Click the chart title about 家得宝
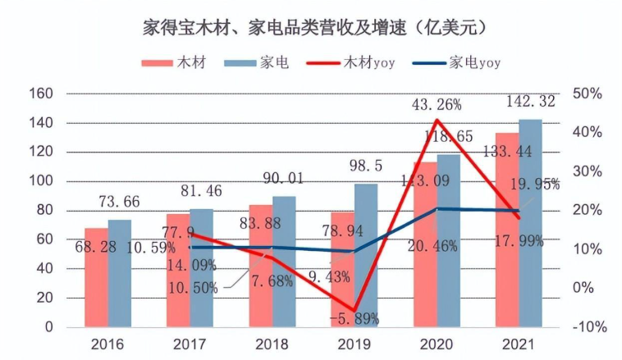tap(310, 28)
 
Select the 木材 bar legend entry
tap(168, 63)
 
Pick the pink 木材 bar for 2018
tap(260, 266)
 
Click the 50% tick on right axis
tap(588, 93)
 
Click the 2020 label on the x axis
tap(436, 344)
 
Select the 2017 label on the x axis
tap(190, 344)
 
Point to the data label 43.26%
tap(435, 104)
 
